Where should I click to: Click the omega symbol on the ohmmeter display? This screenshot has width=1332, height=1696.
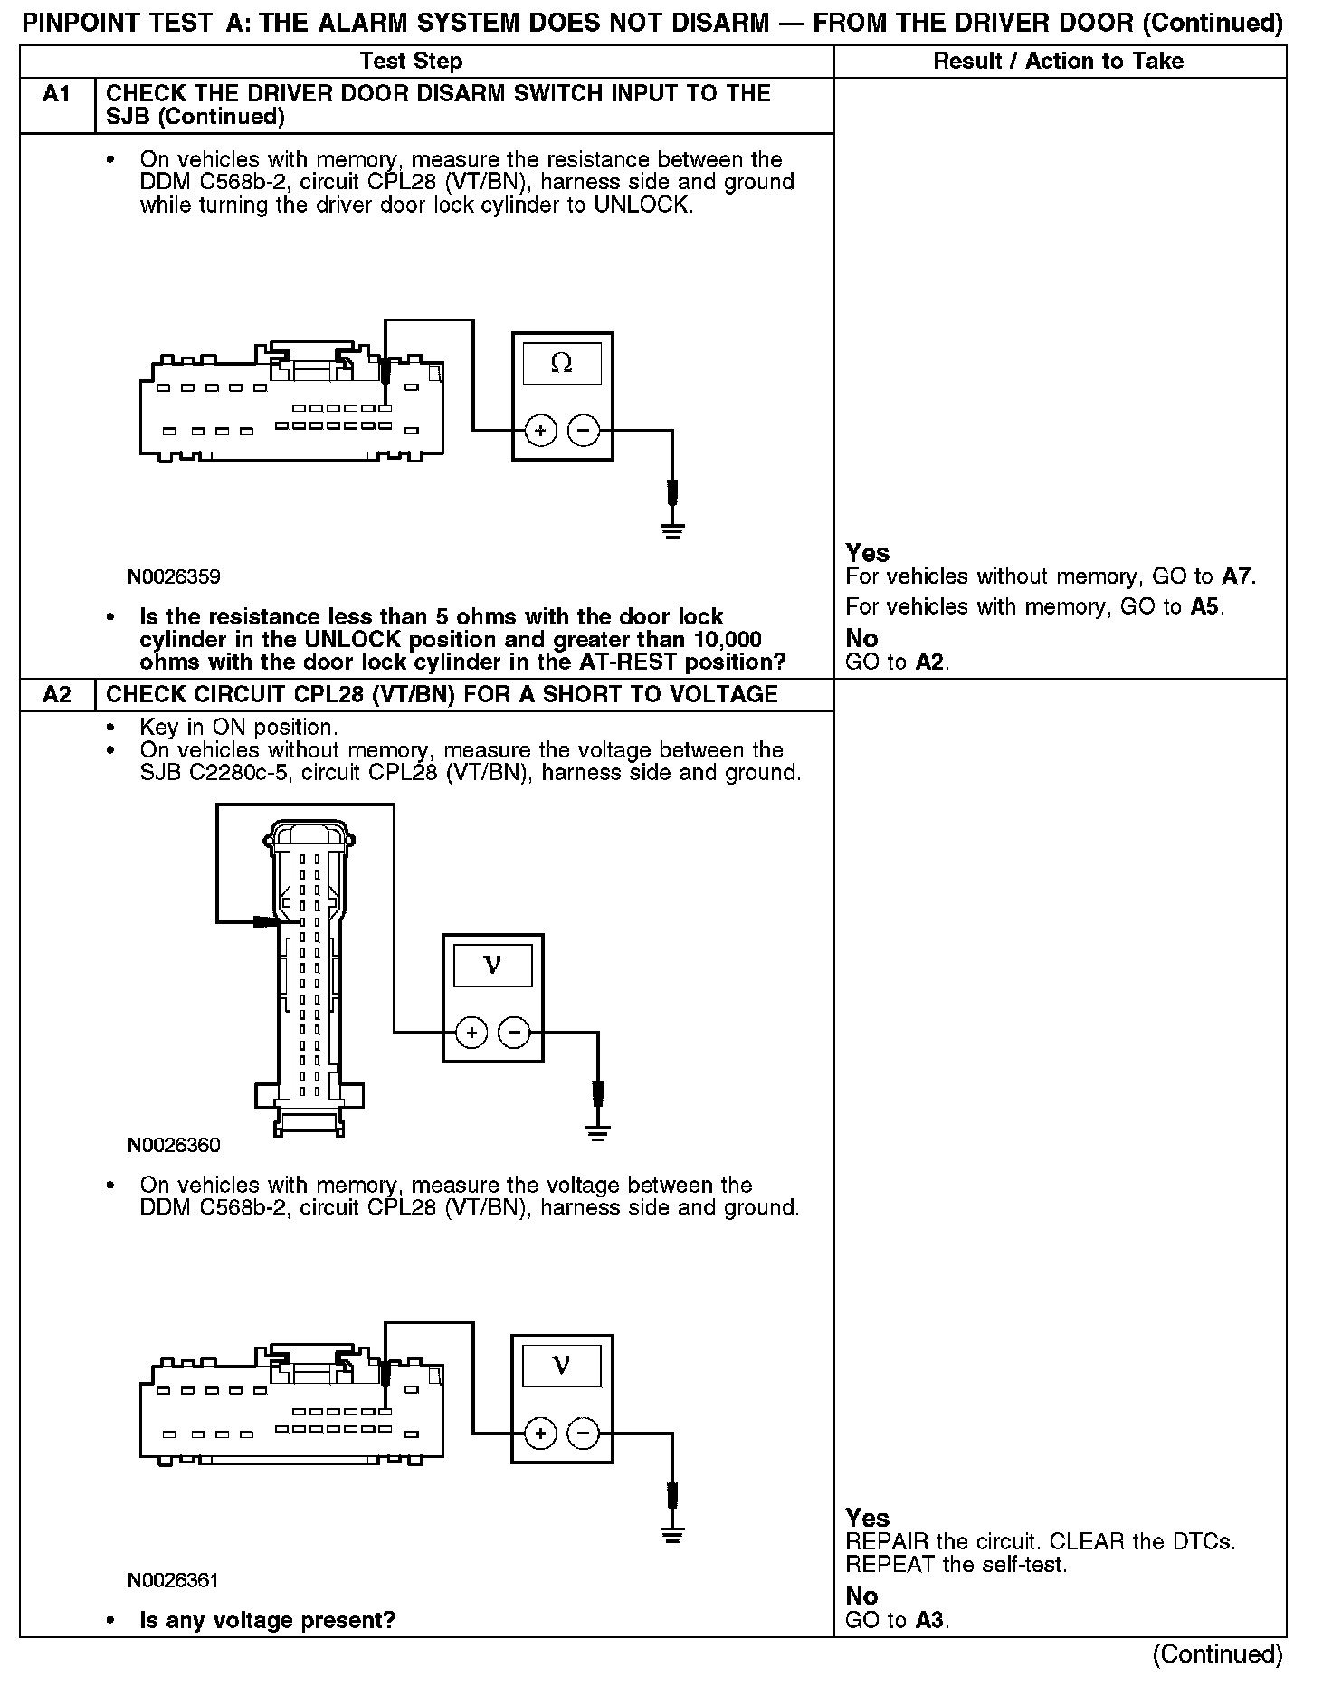562,363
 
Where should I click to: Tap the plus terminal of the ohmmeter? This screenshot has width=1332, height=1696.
540,431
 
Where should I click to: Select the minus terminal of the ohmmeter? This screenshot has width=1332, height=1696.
584,431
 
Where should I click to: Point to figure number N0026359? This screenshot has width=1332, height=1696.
174,576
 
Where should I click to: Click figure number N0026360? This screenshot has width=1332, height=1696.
174,1145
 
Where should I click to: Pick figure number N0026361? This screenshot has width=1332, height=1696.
174,1580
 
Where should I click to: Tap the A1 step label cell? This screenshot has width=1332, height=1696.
56,94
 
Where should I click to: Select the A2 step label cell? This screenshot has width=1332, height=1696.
56,694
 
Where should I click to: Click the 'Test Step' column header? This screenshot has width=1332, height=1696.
411,61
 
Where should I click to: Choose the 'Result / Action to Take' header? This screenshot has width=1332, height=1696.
1058,61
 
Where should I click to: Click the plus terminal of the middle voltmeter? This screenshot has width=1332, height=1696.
471,1032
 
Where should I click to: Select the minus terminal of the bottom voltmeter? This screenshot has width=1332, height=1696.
584,1433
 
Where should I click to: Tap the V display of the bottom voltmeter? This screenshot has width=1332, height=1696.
562,1365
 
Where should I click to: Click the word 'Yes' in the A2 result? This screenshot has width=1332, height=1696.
867,1518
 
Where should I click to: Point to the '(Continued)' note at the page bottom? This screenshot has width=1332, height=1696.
1217,1653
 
